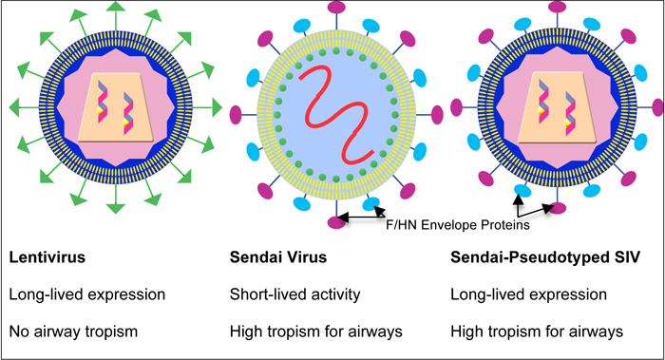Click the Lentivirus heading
tap(45, 257)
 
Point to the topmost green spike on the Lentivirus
tap(115, 9)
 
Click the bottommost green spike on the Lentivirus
tap(115, 214)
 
